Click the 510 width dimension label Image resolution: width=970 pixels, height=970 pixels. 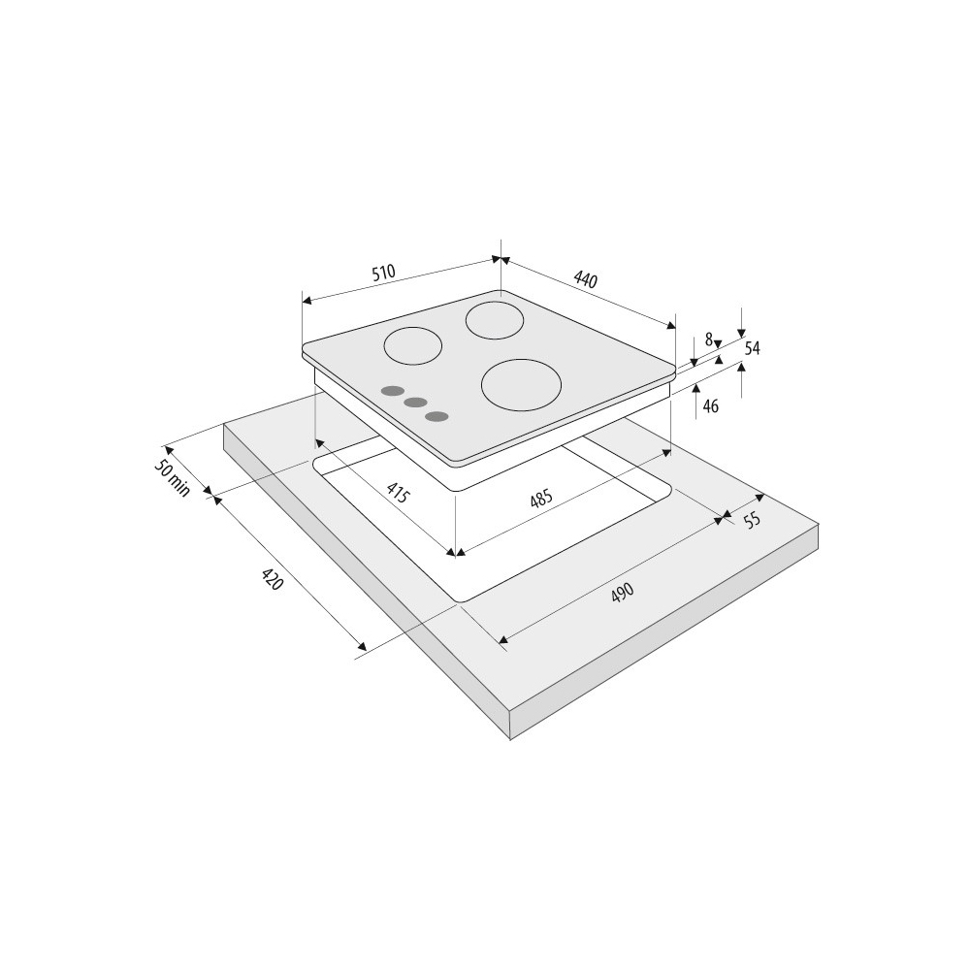coord(383,273)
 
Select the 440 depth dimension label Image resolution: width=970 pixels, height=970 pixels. coord(585,279)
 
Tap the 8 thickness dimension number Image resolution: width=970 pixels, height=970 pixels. coord(709,339)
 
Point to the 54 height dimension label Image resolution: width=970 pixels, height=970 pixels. coord(752,348)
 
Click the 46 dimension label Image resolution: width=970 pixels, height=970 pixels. coord(711,406)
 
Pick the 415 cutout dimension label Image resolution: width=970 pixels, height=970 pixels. coord(398,493)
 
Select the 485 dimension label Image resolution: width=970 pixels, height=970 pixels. coord(540,499)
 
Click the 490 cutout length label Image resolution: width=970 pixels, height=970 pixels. coord(623,593)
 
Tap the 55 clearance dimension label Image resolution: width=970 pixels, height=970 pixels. coord(752,520)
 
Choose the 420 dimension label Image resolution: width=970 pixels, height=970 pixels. coord(273,579)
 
